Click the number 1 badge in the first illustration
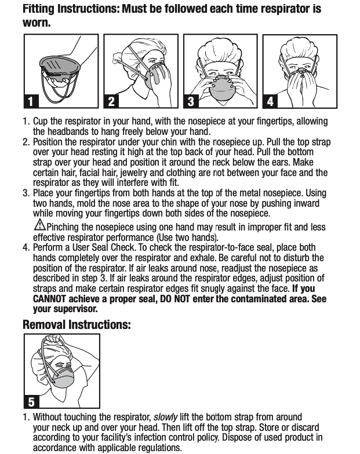pyautogui.click(x=31, y=101)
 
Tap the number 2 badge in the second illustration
pyautogui.click(x=111, y=101)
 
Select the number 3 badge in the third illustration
pyautogui.click(x=190, y=101)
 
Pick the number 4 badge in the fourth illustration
pyautogui.click(x=270, y=101)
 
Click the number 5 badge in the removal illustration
pyautogui.click(x=31, y=401)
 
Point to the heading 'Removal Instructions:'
pyautogui.click(x=77, y=324)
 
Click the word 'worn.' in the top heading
pyautogui.click(x=37, y=23)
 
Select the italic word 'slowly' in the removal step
pyautogui.click(x=165, y=417)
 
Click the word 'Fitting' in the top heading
pyautogui.click(x=39, y=9)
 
